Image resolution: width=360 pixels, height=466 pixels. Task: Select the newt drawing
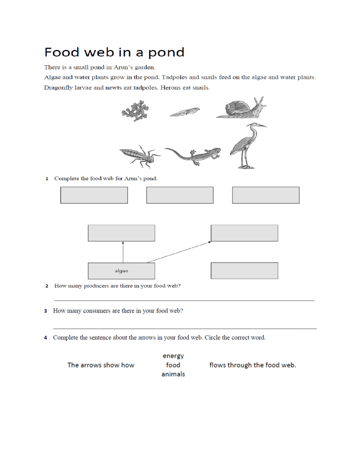[193, 155]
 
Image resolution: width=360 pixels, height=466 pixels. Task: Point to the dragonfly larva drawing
[139, 155]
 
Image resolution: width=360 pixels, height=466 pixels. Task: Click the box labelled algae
[121, 271]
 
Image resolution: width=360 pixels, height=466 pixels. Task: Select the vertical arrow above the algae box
[123, 252]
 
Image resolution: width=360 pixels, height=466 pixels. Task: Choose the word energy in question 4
[173, 356]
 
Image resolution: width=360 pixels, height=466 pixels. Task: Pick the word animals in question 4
[173, 374]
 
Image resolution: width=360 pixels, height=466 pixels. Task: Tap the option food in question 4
[173, 365]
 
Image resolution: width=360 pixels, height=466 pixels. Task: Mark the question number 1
[47, 179]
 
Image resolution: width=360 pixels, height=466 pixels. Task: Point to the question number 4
[45, 338]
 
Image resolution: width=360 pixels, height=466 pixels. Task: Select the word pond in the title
[165, 53]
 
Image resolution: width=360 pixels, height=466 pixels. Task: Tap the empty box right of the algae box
[244, 271]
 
